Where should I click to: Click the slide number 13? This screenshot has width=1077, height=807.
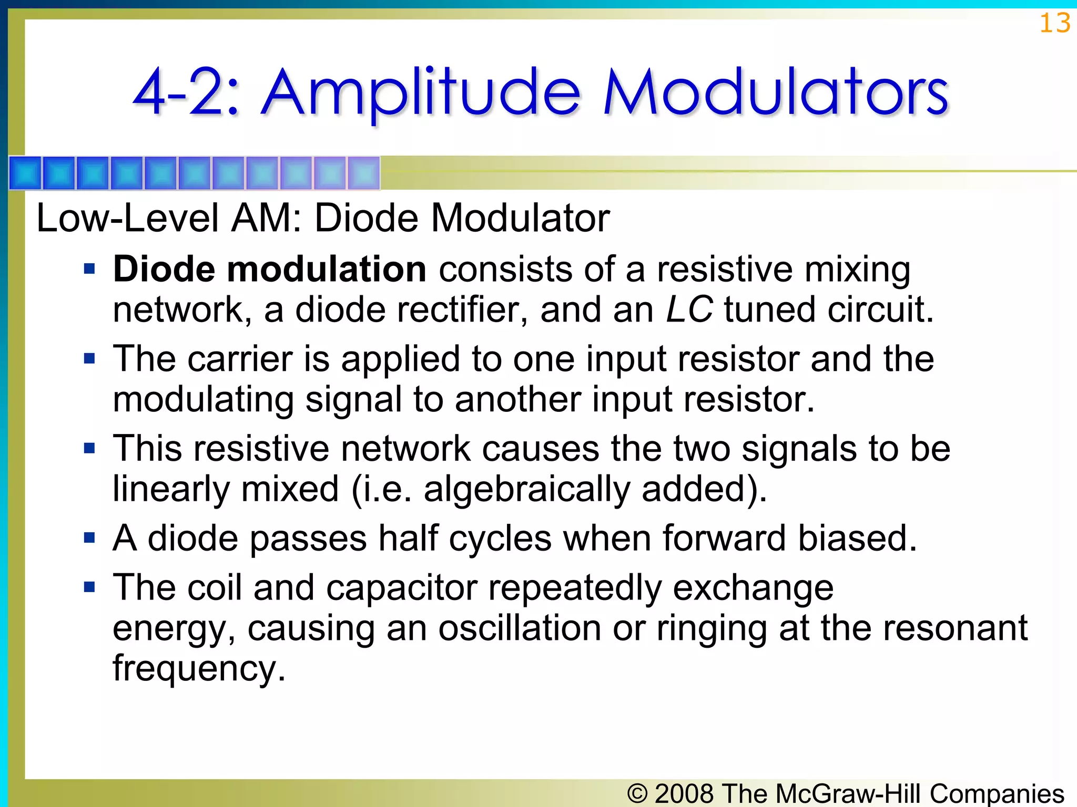tap(1054, 24)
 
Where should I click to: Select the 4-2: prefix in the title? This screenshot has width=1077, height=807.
tap(187, 94)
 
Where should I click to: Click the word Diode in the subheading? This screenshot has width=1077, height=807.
tap(367, 218)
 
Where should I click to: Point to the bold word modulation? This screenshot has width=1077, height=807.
tap(326, 269)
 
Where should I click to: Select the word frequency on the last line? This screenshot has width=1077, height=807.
tap(199, 668)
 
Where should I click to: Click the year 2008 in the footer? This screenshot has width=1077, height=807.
tap(685, 793)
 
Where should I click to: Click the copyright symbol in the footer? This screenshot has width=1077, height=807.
tap(637, 793)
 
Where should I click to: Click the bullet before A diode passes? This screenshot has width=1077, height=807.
tap(89, 538)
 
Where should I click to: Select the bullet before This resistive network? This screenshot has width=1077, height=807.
tap(89, 449)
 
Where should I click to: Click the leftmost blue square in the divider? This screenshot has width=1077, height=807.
tap(26, 173)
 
